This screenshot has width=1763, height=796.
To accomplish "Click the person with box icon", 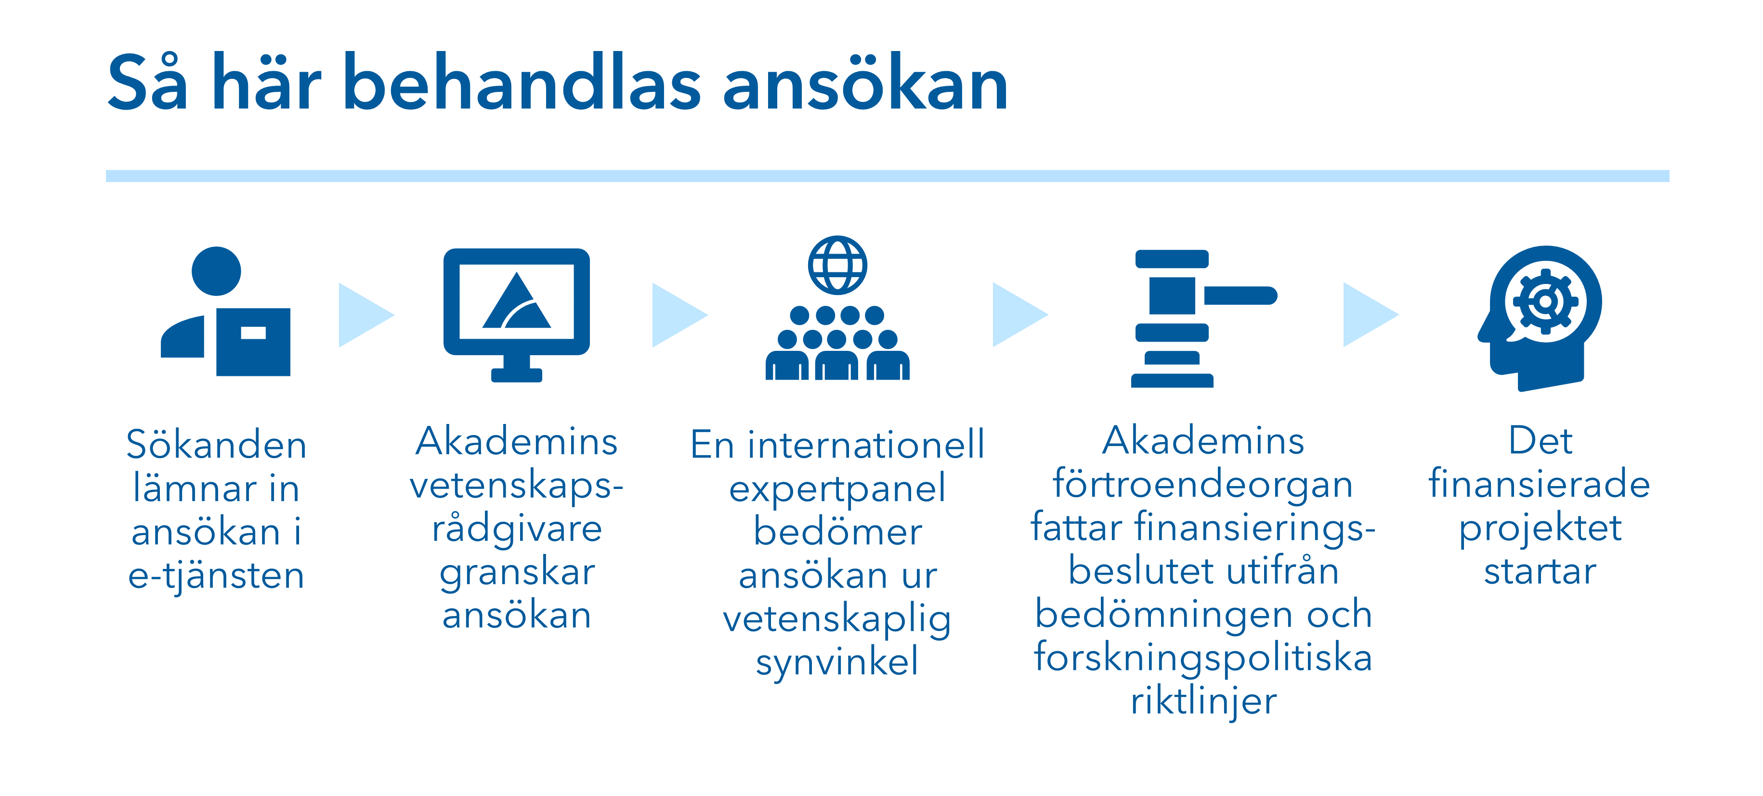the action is [x=225, y=312].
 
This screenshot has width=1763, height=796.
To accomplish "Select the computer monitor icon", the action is [x=517, y=315].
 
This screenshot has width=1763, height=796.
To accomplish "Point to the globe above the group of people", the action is [x=838, y=265].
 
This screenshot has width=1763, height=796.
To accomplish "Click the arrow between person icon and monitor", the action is [x=366, y=315].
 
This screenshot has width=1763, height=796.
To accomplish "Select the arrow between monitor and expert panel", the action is [x=679, y=315].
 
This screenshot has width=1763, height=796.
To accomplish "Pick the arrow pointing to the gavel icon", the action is [x=1020, y=315].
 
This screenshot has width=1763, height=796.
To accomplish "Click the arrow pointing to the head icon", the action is [x=1371, y=315].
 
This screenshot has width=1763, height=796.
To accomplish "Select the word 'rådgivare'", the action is [x=517, y=528].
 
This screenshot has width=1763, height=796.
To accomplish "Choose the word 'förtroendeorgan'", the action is [x=1203, y=485].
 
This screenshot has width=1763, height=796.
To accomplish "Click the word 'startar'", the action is [x=1540, y=572].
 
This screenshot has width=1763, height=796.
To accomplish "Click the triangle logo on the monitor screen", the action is [x=517, y=300].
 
